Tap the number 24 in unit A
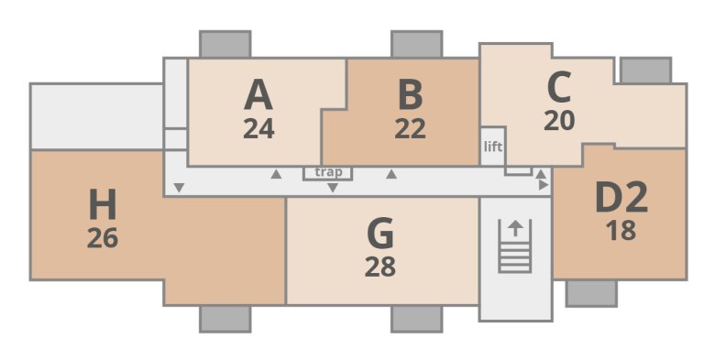point(259,129)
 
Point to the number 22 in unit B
point(410,129)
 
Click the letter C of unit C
point(558,88)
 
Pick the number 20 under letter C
point(558,121)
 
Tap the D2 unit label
point(621,197)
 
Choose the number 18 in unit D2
point(621,231)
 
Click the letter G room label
point(379,235)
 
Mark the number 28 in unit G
point(379,267)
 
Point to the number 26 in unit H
point(103,238)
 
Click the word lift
point(492,147)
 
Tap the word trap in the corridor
point(327,171)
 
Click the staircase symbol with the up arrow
point(515,245)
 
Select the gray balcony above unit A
point(225,44)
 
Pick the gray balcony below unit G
point(416,319)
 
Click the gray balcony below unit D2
point(590,293)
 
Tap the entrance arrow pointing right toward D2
point(544,185)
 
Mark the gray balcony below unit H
point(225,319)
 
